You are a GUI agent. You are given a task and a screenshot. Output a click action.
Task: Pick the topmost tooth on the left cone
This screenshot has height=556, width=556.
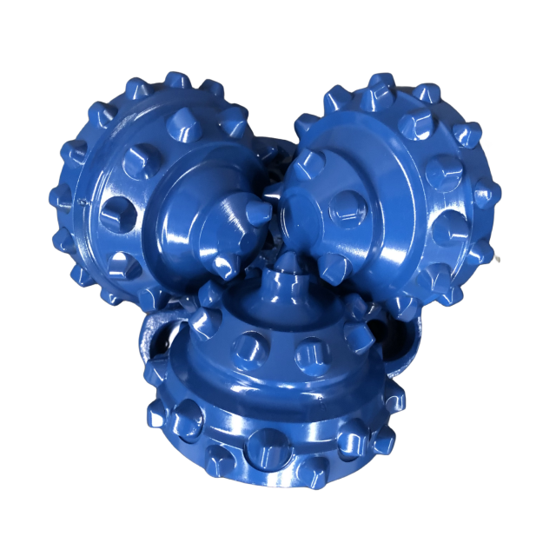point(177,80)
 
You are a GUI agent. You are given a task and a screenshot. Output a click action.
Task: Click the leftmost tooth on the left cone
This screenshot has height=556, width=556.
point(59,198)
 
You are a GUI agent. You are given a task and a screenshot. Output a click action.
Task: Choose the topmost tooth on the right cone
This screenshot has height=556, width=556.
point(380,83)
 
